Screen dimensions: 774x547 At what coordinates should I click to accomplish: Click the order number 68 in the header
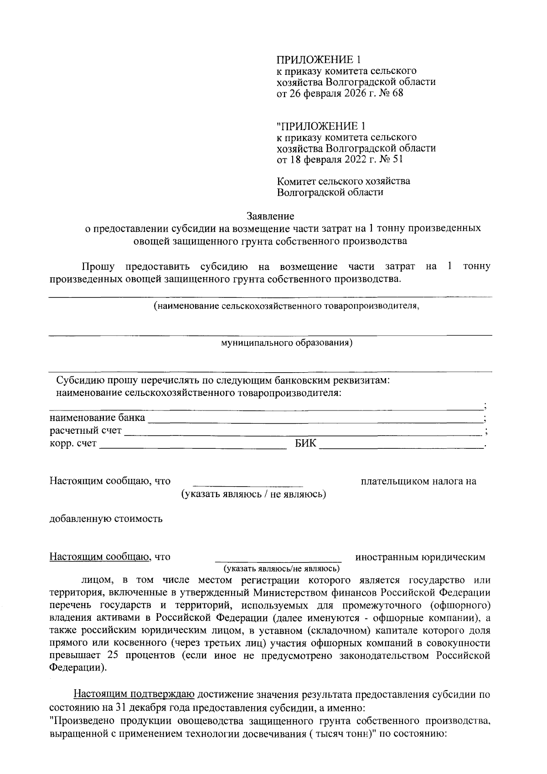(x=397, y=94)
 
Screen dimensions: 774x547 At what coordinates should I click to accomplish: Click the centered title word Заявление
(x=270, y=215)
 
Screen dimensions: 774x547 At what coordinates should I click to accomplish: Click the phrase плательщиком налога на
(x=418, y=481)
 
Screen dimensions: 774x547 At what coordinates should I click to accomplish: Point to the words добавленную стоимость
(x=106, y=519)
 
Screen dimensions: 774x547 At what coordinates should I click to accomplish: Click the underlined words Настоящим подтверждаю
(x=134, y=695)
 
